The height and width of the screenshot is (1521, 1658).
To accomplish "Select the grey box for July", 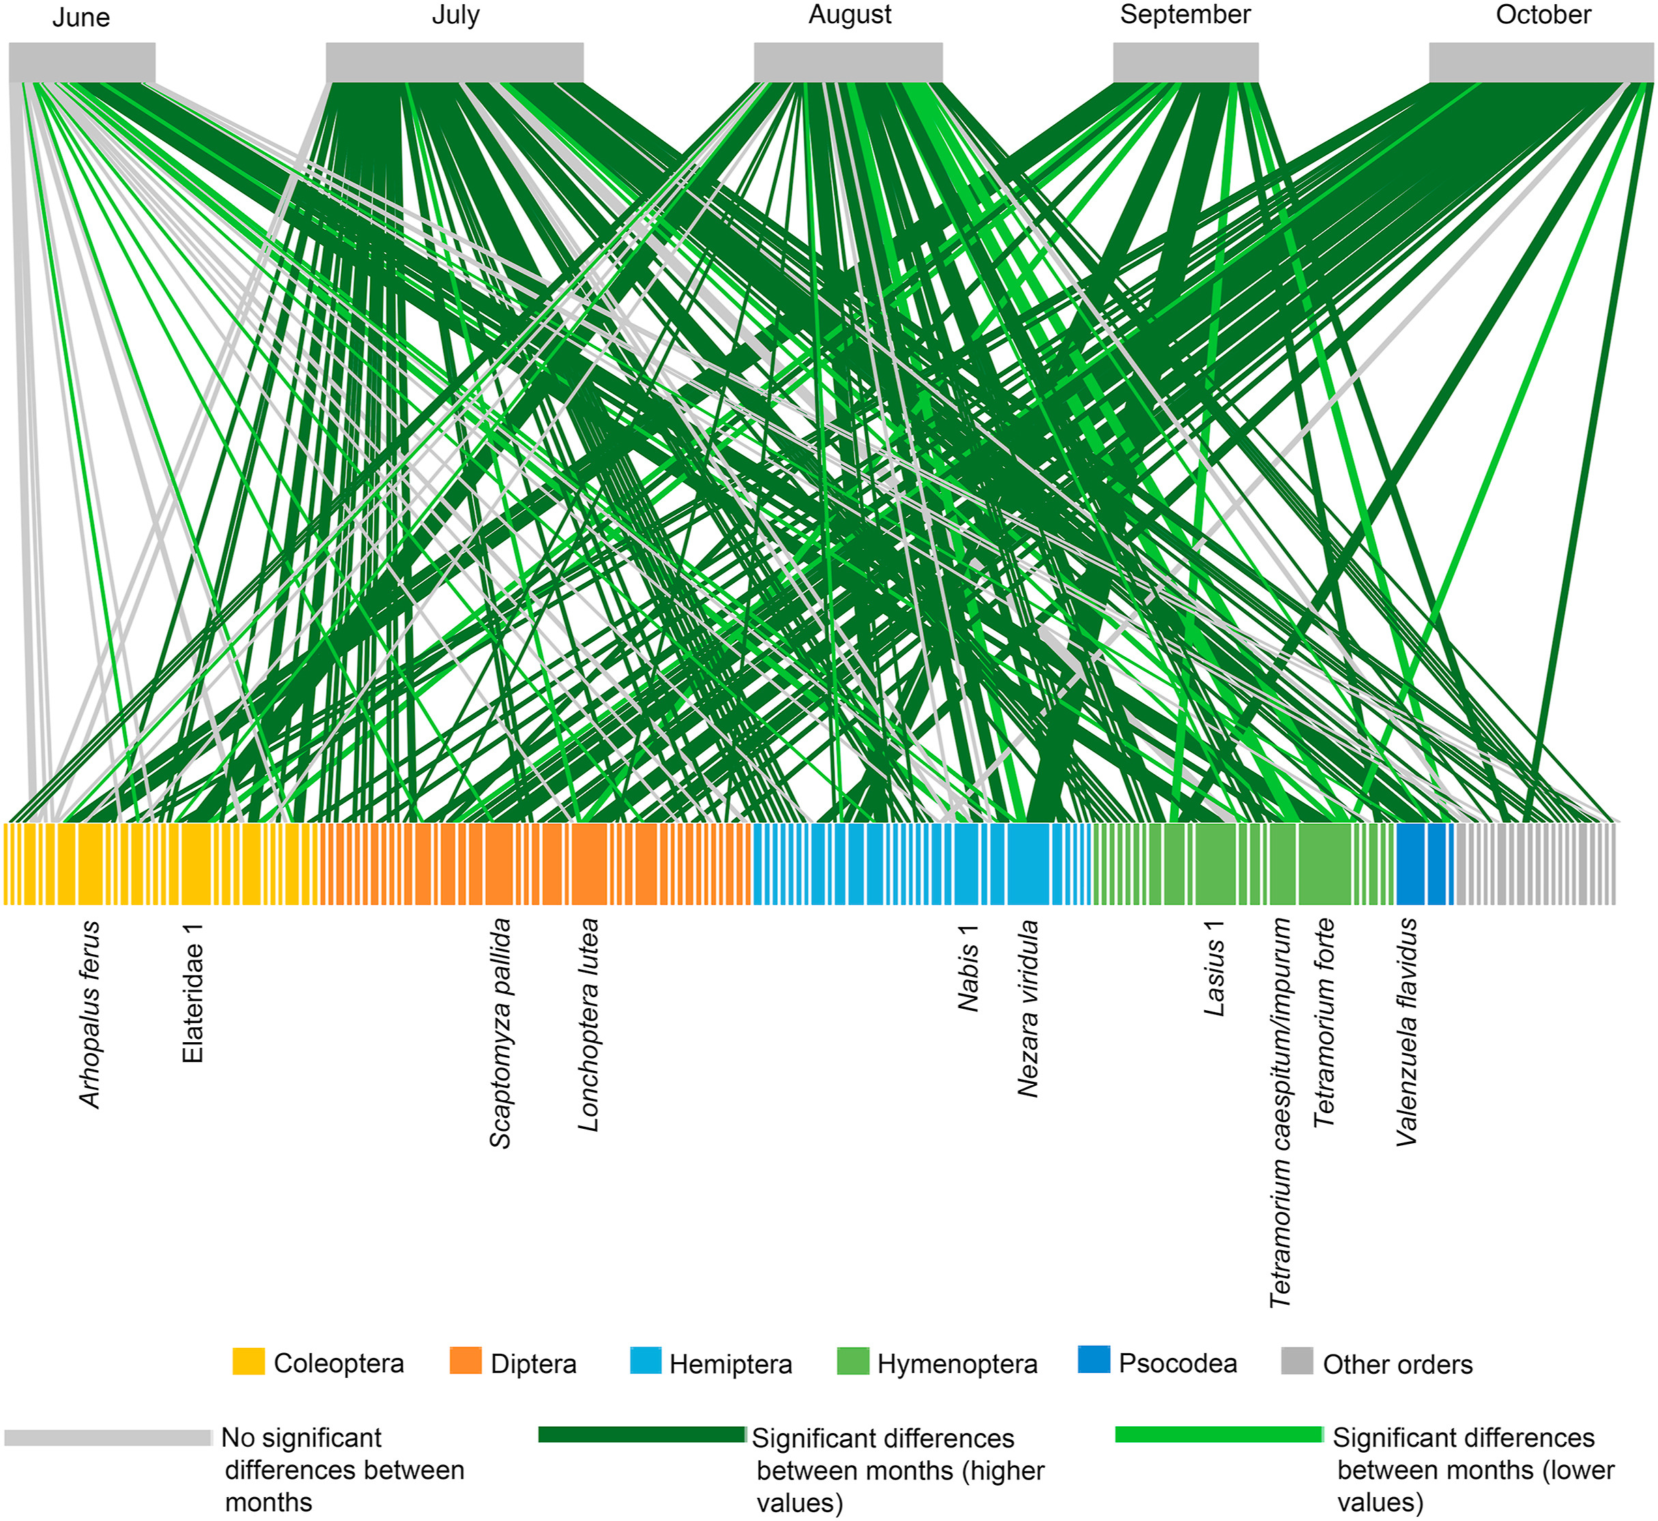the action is pos(454,63).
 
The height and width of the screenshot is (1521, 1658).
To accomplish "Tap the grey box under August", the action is pos(848,63).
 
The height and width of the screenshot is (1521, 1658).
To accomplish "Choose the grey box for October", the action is pos(1541,63).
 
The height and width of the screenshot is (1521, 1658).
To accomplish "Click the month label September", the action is pos(1185,15).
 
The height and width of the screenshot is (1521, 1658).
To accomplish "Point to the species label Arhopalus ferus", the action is pos(90,1015).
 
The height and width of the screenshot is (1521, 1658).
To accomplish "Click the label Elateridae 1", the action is pos(192,992).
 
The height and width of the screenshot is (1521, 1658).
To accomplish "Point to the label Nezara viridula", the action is pos(1028,1009).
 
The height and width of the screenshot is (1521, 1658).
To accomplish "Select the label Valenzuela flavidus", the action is pos(1407,1033).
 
